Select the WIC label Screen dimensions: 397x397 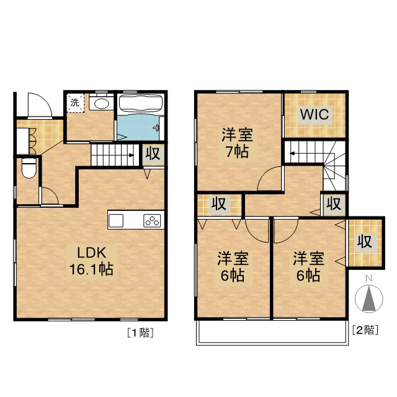pyautogui.click(x=314, y=115)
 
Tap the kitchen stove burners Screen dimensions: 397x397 pyautogui.click(x=152, y=220)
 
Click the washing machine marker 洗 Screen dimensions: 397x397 pyautogui.click(x=74, y=102)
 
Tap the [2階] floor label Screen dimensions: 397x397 pyautogui.click(x=365, y=330)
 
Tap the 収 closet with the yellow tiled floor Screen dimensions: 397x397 pyautogui.click(x=363, y=242)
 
